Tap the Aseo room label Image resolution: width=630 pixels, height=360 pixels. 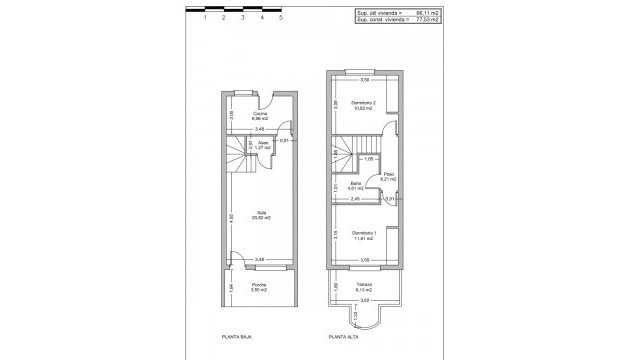click(263, 143)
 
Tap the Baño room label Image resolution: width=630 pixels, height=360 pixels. click(355, 183)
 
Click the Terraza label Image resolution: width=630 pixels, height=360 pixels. click(364, 285)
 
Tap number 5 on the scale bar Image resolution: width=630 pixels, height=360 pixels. click(281, 17)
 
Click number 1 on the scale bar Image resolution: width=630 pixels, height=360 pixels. click(204, 17)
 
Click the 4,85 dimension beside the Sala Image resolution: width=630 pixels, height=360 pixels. click(231, 217)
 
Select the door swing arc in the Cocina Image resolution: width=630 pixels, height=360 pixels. click(288, 125)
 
